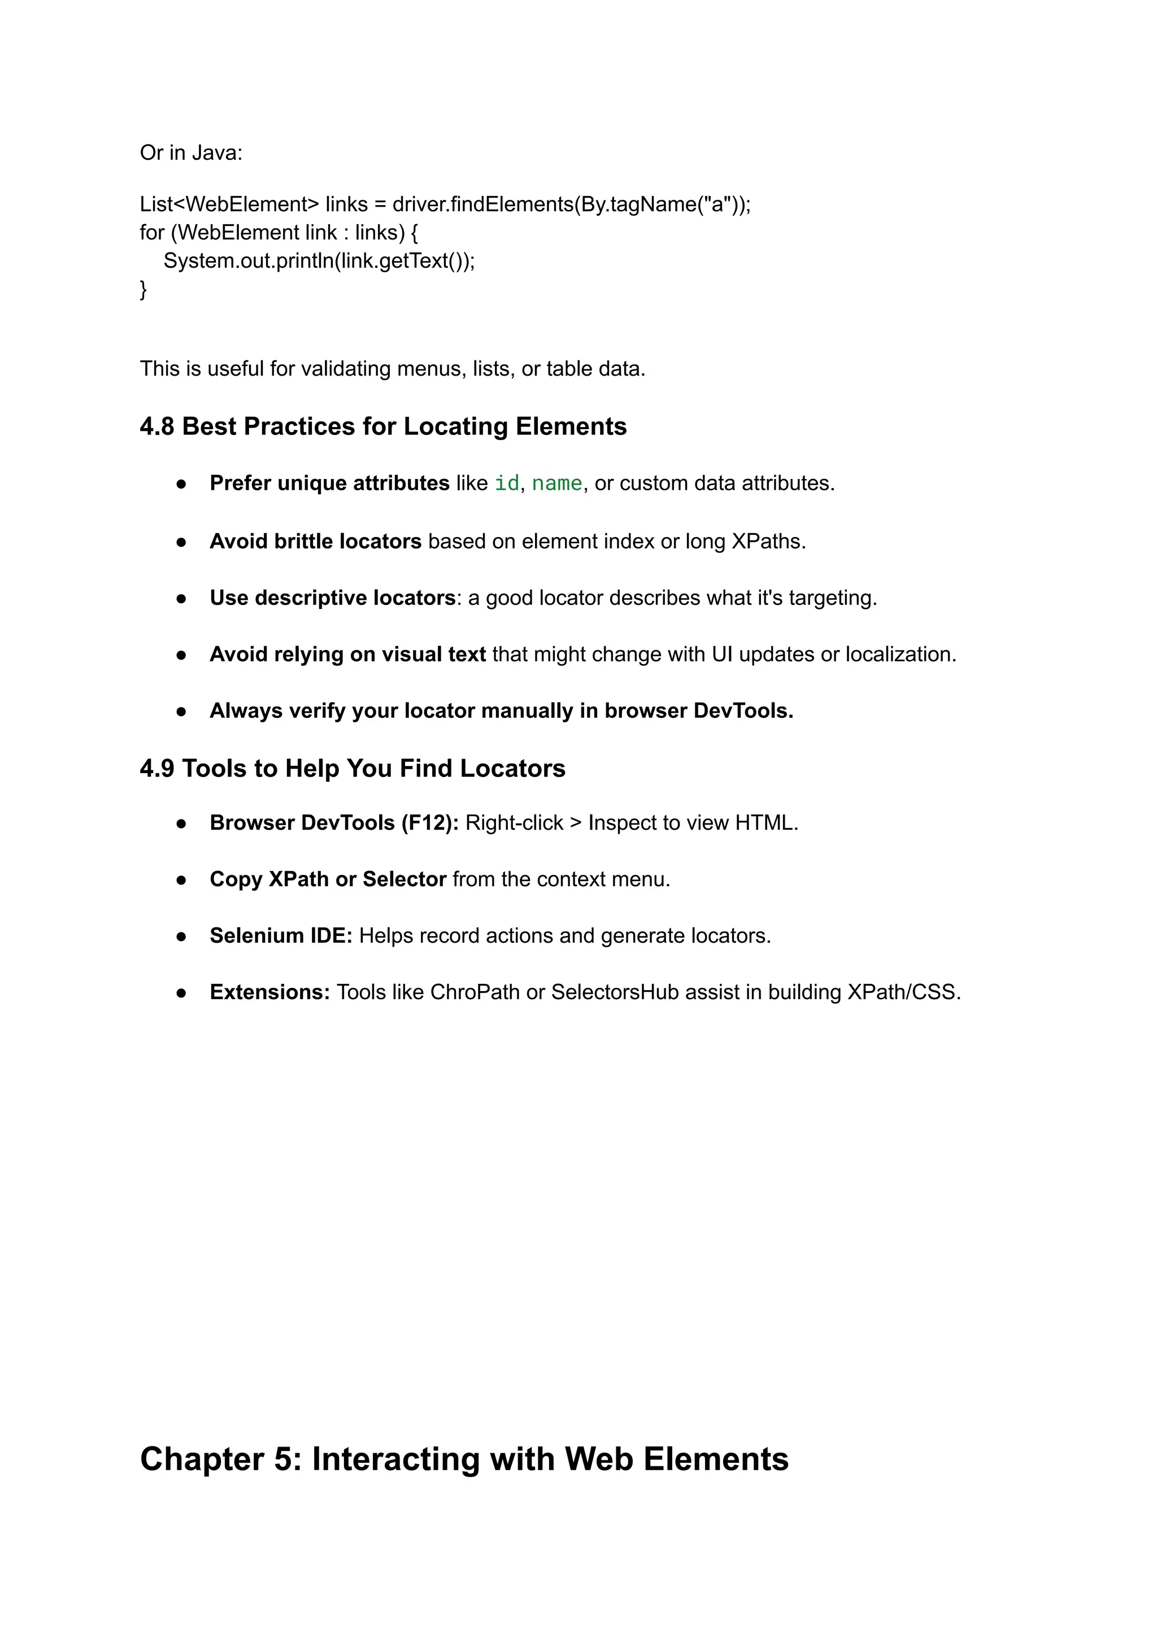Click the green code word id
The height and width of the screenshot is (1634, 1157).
click(x=507, y=483)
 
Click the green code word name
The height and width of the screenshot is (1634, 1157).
click(x=557, y=483)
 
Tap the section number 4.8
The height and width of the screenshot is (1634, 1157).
click(x=156, y=426)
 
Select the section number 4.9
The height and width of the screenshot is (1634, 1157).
click(x=156, y=769)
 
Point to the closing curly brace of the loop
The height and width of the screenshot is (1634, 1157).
click(x=143, y=289)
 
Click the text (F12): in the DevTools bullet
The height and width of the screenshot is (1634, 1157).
click(x=429, y=823)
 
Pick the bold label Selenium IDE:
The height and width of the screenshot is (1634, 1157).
click(x=281, y=936)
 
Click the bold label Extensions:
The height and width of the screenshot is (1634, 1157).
click(x=269, y=992)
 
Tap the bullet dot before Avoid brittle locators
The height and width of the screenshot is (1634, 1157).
click(x=182, y=542)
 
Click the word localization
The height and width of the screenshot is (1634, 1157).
click(x=901, y=655)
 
